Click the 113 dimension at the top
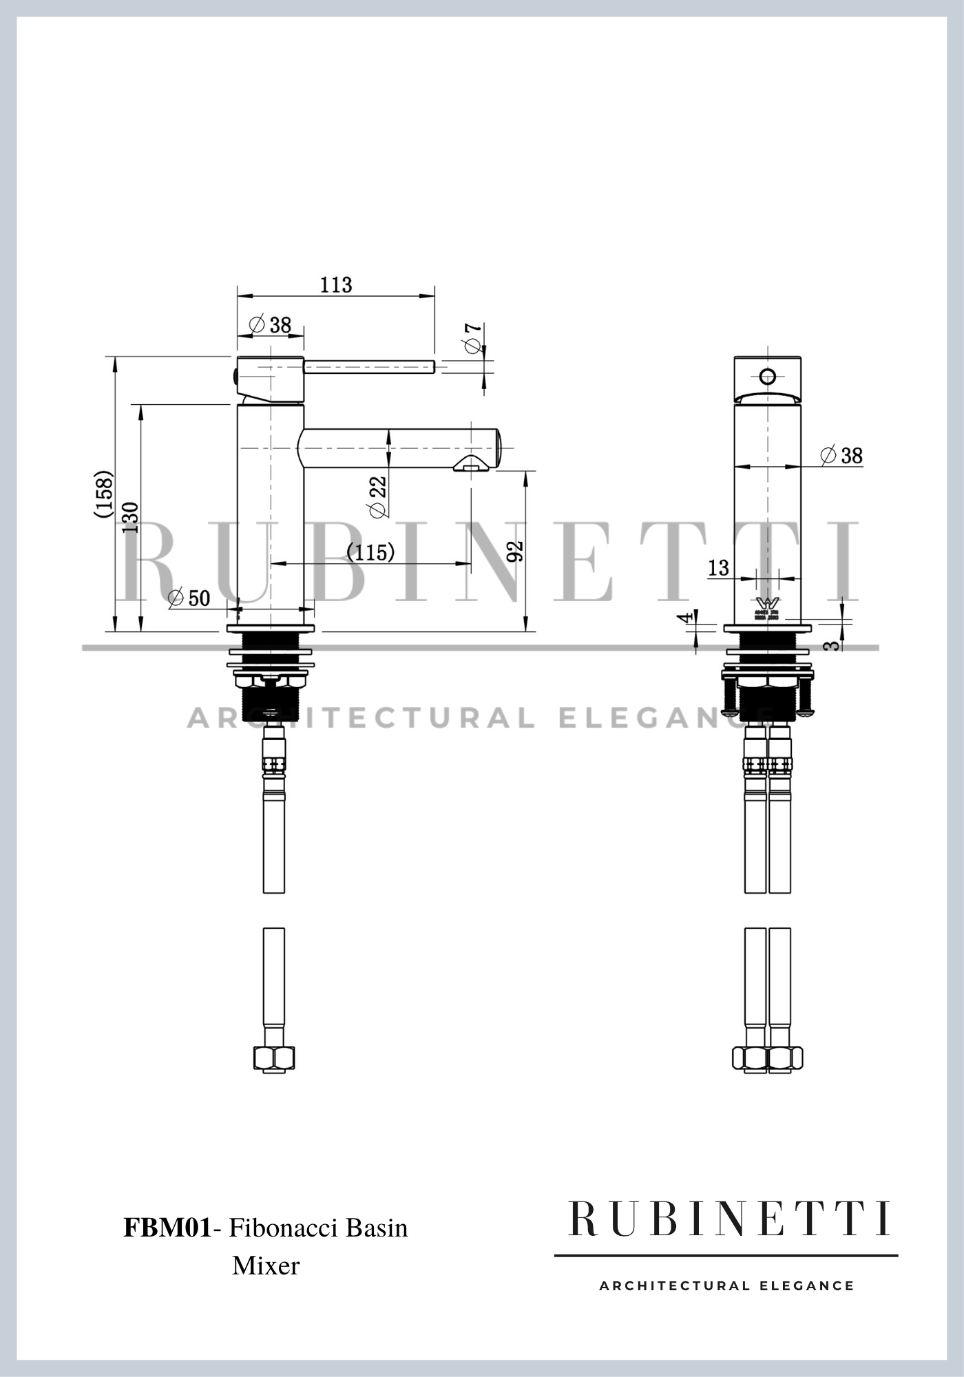point(336,284)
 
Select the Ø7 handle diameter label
point(474,337)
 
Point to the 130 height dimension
point(130,517)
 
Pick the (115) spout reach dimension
point(370,551)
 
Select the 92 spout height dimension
point(515,551)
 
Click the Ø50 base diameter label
point(190,598)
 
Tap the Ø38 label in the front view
point(842,455)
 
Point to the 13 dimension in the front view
point(718,567)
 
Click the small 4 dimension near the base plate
point(685,618)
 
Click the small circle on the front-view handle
point(767,377)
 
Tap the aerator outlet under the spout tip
point(470,465)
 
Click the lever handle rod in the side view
point(369,366)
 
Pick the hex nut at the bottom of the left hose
point(274,1058)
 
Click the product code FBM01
point(167,1228)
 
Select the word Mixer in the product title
point(266,1265)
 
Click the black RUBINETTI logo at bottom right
point(729,1219)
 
